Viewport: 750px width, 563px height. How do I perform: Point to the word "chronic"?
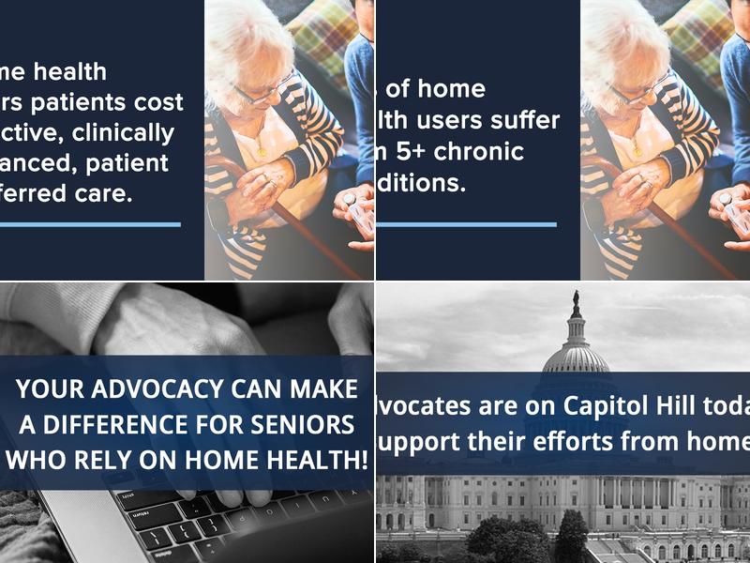(479, 152)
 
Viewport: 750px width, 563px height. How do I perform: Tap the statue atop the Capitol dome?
(576, 302)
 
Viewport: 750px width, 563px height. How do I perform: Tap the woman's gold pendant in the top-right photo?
(637, 150)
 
